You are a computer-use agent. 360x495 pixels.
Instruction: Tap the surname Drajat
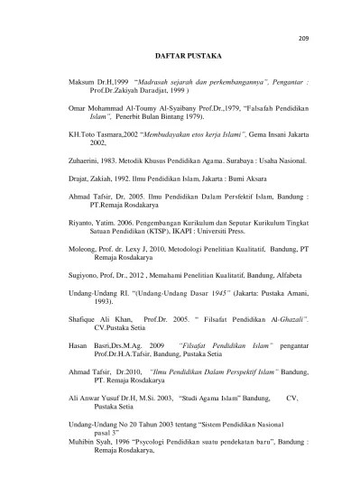click(79, 177)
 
